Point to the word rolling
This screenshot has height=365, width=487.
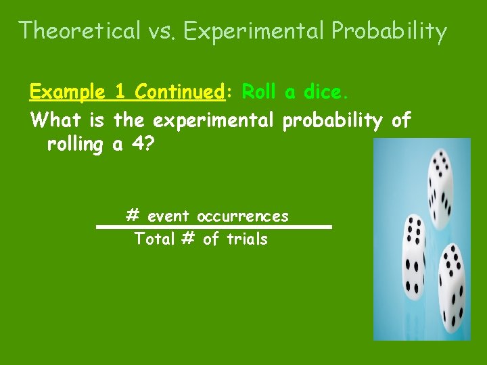[x=74, y=144]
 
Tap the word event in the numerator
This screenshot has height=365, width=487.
[x=169, y=217]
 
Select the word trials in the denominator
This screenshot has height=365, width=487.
[x=247, y=239]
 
